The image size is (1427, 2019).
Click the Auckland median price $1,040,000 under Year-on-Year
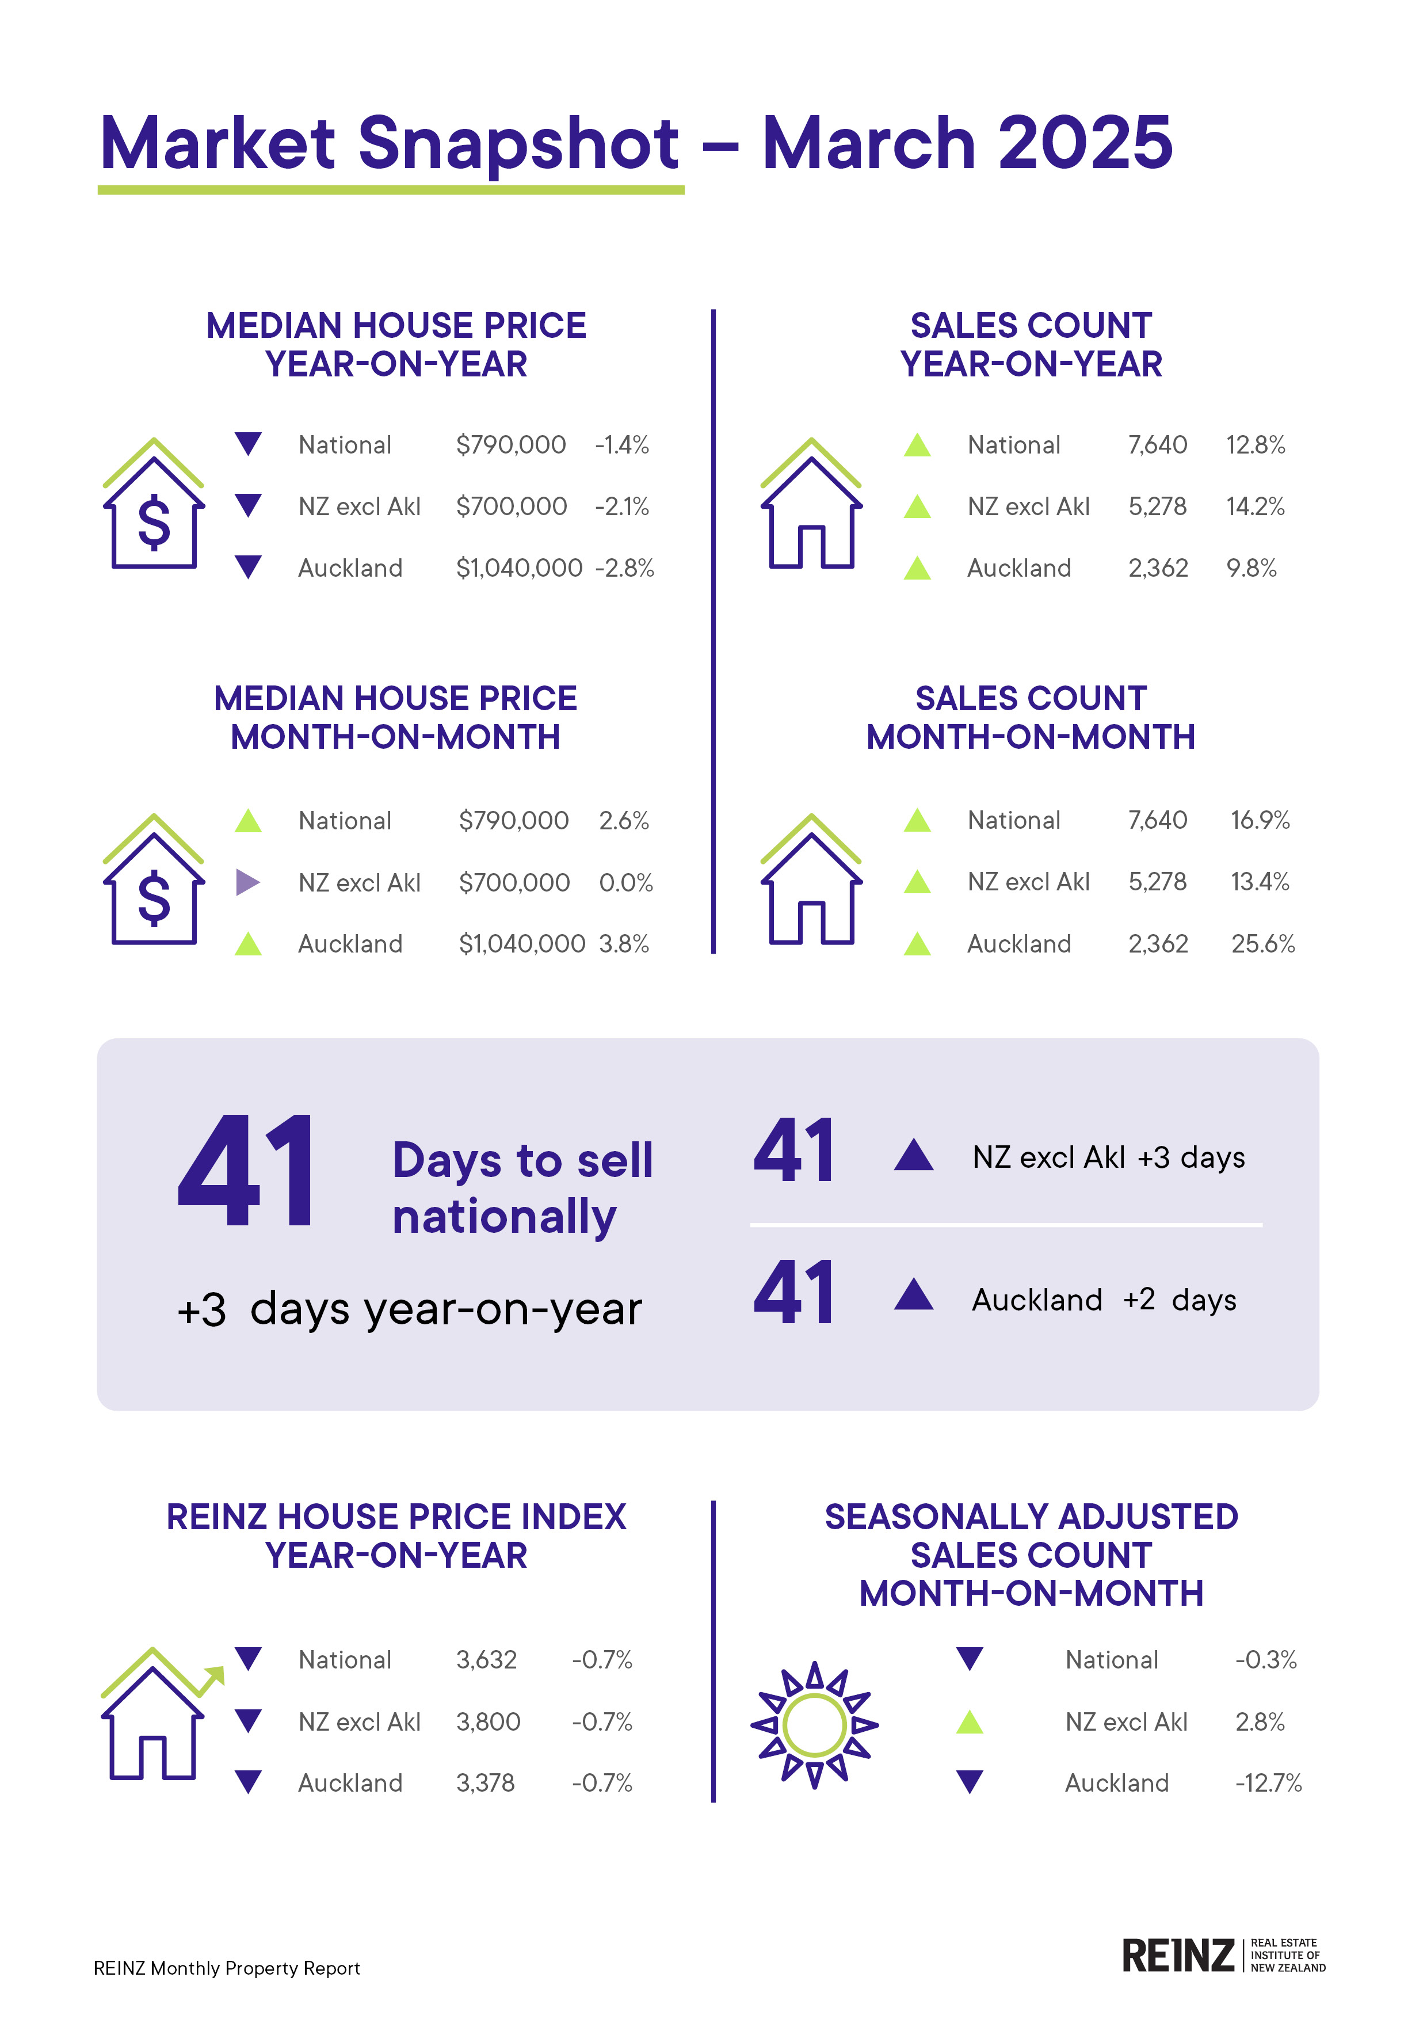pyautogui.click(x=519, y=568)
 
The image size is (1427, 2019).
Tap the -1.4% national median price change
pyautogui.click(x=621, y=445)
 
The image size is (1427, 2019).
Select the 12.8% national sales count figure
pyautogui.click(x=1256, y=445)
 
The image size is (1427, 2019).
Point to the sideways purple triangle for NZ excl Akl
pyautogui.click(x=248, y=882)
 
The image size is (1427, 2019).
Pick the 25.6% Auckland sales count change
pyautogui.click(x=1262, y=943)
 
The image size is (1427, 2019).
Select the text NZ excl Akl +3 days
pyautogui.click(x=1108, y=1157)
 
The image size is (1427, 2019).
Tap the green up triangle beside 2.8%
pyautogui.click(x=969, y=1722)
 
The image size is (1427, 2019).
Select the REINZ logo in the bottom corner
pyautogui.click(x=1223, y=1956)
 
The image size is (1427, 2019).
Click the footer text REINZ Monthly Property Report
pyautogui.click(x=227, y=1968)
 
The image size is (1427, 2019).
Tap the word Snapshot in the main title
pyautogui.click(x=519, y=143)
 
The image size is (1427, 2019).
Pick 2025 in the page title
pyautogui.click(x=1085, y=143)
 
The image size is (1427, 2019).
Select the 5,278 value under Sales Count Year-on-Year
pyautogui.click(x=1157, y=506)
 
